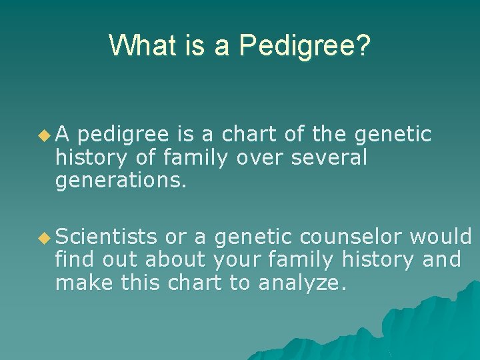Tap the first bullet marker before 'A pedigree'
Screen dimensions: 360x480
44,135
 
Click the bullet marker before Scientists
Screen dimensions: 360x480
44,237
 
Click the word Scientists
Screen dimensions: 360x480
107,236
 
